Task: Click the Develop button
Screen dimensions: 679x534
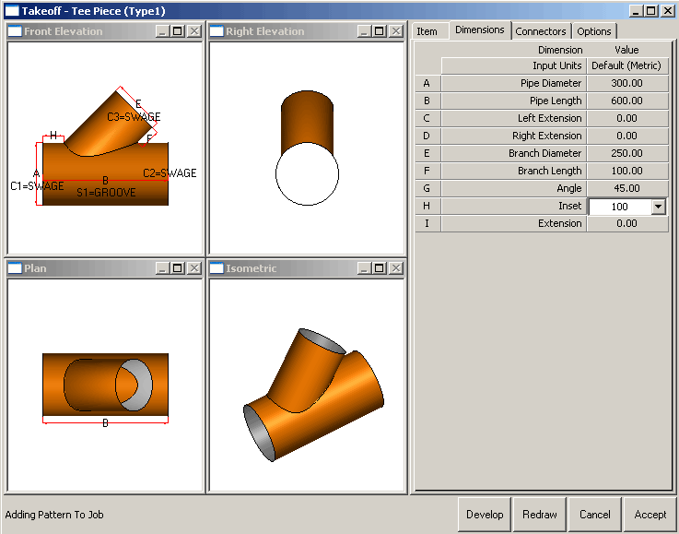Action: (x=485, y=515)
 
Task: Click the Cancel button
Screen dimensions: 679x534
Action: (x=594, y=515)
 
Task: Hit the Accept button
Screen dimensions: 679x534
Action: (x=650, y=515)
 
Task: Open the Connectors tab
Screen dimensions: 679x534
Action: (x=541, y=31)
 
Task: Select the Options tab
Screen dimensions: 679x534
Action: (x=594, y=31)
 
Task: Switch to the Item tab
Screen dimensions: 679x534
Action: (x=427, y=31)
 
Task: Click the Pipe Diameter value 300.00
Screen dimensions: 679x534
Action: (x=626, y=83)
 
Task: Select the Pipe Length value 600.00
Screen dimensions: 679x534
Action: (x=626, y=101)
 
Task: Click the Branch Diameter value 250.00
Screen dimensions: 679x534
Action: (x=626, y=153)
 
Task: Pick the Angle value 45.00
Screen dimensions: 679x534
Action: (x=626, y=188)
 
